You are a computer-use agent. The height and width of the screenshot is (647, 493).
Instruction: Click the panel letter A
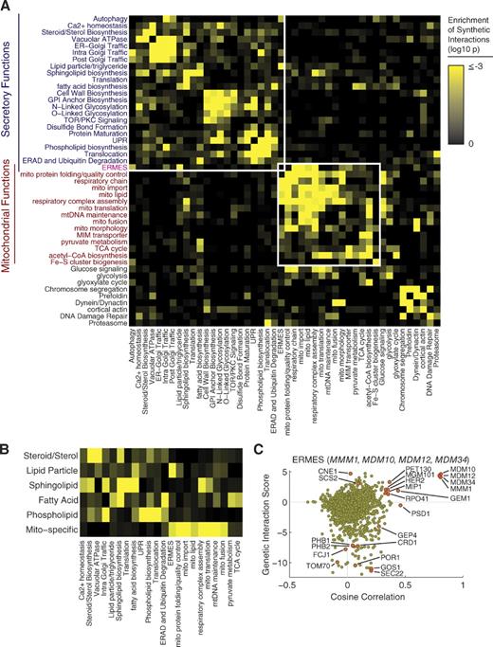click(7, 8)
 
